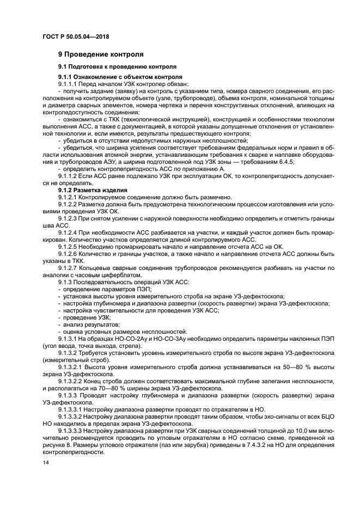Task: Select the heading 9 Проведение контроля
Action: click(101, 54)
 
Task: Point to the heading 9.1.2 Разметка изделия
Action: click(93, 190)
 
